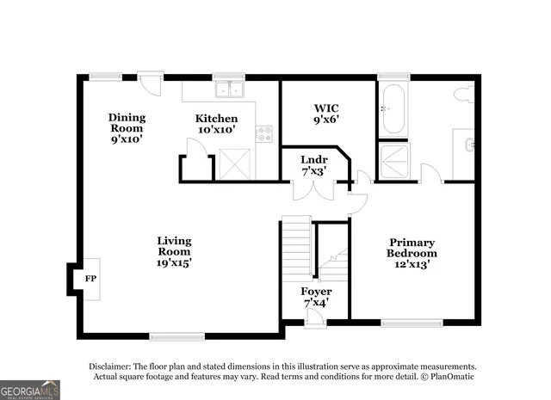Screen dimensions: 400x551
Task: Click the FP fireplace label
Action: tap(90, 280)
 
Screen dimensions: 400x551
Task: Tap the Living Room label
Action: tap(174, 251)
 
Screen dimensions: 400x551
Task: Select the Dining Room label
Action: tap(127, 127)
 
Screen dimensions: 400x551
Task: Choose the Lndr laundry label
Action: tap(312, 166)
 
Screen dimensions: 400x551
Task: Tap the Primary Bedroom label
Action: tap(412, 253)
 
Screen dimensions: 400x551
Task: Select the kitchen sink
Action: tap(230, 88)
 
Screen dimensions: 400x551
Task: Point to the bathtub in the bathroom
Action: tap(393, 109)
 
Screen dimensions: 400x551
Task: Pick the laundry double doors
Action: tap(311, 190)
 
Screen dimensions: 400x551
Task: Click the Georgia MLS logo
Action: tap(30, 390)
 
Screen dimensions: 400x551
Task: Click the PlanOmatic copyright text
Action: tap(447, 376)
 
